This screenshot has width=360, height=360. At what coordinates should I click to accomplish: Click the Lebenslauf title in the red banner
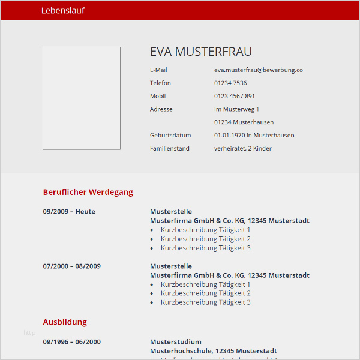63,10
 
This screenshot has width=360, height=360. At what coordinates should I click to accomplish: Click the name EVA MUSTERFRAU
200,52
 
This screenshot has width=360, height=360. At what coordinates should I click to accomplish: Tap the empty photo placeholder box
82,98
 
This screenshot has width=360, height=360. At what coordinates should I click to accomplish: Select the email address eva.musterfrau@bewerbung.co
258,70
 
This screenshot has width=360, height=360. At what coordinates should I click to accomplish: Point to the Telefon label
160,83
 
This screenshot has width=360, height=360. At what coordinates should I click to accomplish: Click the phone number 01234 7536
230,83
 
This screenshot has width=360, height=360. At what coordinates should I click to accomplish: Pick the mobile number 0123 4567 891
235,96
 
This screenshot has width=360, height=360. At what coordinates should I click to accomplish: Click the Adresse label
161,109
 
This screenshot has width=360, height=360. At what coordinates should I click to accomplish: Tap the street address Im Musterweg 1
236,109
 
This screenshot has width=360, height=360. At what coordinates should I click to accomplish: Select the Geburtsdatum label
170,136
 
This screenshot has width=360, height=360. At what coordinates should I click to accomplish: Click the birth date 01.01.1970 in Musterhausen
254,136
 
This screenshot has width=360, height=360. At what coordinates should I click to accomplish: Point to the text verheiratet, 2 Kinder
243,148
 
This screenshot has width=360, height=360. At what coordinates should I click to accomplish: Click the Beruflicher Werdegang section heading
88,193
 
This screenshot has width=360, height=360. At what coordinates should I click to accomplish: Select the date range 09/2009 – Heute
69,212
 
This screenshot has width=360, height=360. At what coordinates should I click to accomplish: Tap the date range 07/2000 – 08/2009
72,266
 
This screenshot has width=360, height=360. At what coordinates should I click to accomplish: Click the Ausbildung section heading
65,322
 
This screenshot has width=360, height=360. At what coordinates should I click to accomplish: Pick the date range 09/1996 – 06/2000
72,342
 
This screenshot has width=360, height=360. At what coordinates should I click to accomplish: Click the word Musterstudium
176,342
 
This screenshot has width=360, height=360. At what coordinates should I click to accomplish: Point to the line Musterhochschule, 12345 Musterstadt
214,351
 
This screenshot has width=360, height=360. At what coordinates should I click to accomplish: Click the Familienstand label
170,148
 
